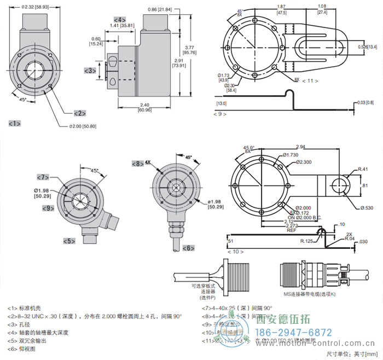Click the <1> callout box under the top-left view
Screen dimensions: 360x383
click(15, 124)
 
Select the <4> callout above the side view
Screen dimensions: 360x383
click(120, 20)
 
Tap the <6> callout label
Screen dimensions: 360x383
click(188, 248)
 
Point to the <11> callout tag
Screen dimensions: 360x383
click(310, 80)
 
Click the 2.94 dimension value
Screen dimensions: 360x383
click(300, 147)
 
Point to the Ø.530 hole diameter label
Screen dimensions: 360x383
click(367, 207)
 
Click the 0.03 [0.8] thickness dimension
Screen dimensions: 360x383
click(365, 102)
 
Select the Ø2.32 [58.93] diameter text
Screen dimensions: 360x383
click(34, 7)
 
